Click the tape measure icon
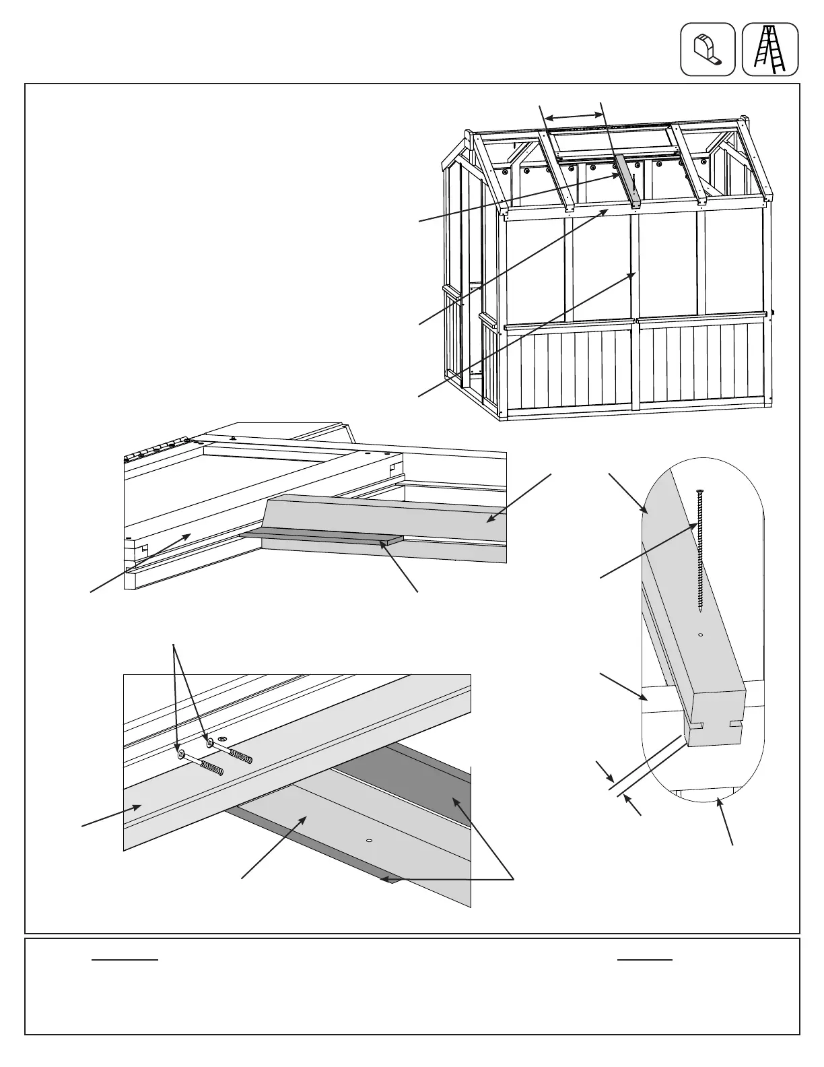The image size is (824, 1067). pyautogui.click(x=708, y=49)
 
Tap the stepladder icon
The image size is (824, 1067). pyautogui.click(x=770, y=49)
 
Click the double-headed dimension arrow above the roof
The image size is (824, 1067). pyautogui.click(x=572, y=117)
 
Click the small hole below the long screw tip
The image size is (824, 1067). pyautogui.click(x=701, y=635)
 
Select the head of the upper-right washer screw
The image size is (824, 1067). pyautogui.click(x=211, y=742)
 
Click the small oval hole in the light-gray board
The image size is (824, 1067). pyautogui.click(x=368, y=841)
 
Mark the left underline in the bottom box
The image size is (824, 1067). pyautogui.click(x=125, y=959)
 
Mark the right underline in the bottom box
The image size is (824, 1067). pyautogui.click(x=645, y=959)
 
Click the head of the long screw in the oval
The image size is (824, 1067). pyautogui.click(x=700, y=490)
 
